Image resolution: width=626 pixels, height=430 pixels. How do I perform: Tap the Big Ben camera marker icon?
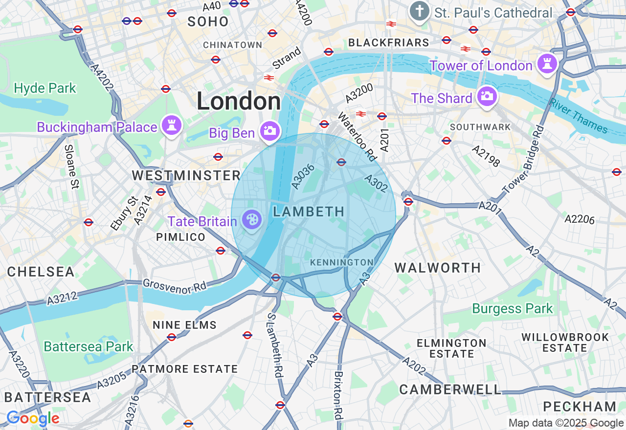click(269, 131)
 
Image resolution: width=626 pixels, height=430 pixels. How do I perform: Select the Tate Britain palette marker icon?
click(252, 220)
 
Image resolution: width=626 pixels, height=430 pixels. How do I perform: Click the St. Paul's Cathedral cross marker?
click(419, 11)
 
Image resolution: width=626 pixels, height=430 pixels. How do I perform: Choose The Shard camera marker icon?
click(486, 97)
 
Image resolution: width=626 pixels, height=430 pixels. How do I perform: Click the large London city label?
click(239, 102)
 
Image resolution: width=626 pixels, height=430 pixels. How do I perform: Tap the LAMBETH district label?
click(309, 212)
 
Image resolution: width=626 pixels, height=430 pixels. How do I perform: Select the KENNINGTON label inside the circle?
click(342, 262)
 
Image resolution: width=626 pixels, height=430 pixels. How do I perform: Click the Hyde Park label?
click(45, 88)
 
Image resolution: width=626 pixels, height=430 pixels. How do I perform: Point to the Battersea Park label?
click(89, 346)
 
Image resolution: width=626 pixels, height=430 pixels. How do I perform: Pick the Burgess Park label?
click(512, 309)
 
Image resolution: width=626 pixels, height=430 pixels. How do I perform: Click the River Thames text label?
click(579, 116)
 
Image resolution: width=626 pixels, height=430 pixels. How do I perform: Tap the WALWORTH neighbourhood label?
click(438, 268)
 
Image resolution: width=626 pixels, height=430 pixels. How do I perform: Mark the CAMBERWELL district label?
click(450, 389)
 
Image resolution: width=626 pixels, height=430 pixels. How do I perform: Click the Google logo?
click(33, 419)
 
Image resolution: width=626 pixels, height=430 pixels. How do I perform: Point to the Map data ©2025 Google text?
click(566, 423)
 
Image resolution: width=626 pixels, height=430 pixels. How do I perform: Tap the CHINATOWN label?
click(233, 45)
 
